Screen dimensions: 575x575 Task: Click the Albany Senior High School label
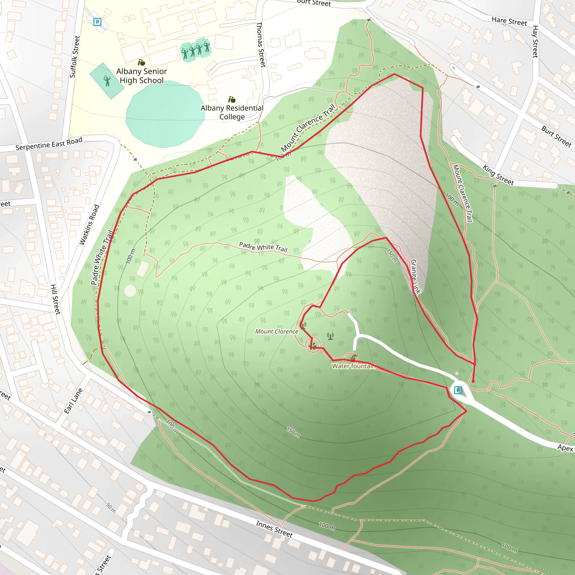(142, 76)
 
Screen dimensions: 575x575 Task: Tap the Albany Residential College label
(232, 112)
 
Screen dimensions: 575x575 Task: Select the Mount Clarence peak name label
(277, 332)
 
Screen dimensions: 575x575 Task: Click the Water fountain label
(353, 366)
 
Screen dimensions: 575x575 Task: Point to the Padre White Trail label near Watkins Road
(102, 257)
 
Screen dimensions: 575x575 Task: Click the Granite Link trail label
(416, 277)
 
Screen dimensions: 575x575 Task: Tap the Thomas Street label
(261, 45)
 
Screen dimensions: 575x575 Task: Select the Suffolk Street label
(75, 57)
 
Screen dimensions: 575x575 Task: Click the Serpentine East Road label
(49, 144)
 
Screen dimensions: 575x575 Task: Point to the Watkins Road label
(89, 225)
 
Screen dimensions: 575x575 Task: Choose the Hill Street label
(55, 299)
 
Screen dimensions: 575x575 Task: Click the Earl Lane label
(73, 401)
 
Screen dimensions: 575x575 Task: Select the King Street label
(498, 175)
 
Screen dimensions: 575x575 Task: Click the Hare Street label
(509, 21)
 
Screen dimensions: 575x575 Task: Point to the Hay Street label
(535, 42)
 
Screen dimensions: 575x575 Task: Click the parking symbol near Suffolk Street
(97, 22)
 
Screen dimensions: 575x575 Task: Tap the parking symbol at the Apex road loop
(458, 390)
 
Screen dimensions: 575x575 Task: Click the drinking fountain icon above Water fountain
(353, 357)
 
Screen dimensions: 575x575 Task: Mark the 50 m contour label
(111, 508)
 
